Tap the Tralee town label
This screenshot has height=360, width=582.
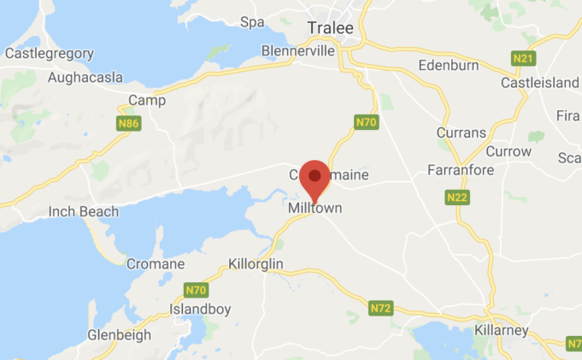tap(330, 29)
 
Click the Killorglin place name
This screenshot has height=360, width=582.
tap(256, 264)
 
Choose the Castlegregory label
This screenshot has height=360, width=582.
tap(50, 53)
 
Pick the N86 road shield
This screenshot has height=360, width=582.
tap(128, 124)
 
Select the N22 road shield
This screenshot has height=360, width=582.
tap(456, 198)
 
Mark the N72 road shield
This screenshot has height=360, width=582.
tap(381, 307)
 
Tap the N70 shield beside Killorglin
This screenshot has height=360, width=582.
tap(196, 290)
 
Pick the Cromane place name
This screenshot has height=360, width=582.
tap(155, 264)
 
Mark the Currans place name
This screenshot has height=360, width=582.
tap(461, 133)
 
